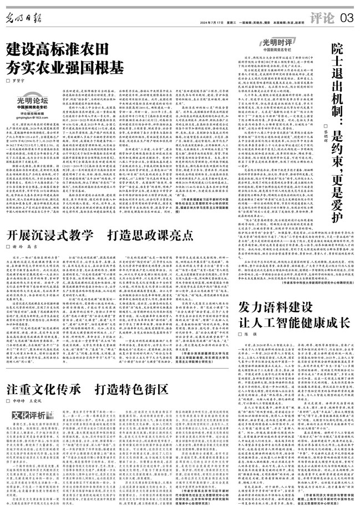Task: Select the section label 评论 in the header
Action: [321, 18]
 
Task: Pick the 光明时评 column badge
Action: [279, 41]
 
